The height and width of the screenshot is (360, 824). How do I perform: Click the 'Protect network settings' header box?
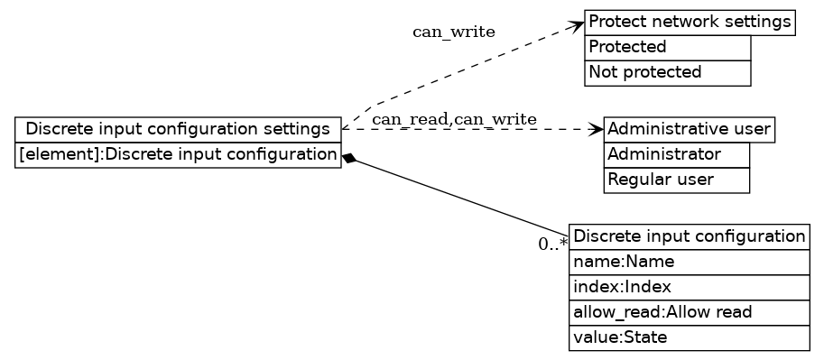click(690, 22)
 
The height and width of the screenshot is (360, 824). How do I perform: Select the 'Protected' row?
click(668, 47)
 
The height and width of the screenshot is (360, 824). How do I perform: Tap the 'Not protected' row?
click(668, 72)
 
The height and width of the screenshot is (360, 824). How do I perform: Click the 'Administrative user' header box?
click(689, 129)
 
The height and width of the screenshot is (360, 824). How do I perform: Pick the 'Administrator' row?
click(676, 154)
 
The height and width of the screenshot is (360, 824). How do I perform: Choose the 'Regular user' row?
click(676, 180)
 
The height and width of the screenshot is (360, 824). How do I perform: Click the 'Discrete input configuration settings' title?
click(178, 129)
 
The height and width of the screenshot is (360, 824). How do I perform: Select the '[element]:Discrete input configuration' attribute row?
click(178, 154)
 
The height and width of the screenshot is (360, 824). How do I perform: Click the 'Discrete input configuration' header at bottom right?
click(689, 236)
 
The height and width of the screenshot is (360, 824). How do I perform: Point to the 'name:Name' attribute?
click(689, 262)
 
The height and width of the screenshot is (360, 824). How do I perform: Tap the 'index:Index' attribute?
click(689, 287)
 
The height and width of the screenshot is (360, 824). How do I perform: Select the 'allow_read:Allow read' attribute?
click(689, 312)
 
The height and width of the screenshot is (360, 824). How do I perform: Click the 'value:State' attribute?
click(689, 337)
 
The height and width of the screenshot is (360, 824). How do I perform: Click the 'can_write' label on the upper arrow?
click(453, 32)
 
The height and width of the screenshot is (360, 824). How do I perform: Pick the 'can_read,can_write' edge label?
click(454, 119)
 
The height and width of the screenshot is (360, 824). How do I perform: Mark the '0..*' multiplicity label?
click(552, 244)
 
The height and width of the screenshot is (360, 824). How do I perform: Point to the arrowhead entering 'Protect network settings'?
click(578, 24)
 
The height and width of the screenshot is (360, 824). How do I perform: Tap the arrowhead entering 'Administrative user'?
click(596, 129)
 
